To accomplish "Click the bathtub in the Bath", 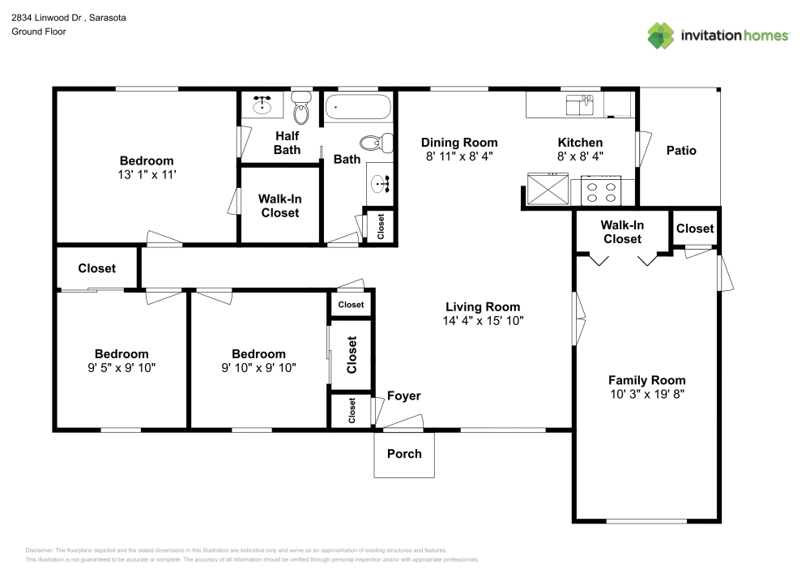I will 357,108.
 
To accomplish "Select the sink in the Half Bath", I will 262,105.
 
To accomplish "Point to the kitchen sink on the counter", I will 579,105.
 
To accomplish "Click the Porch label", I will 404,454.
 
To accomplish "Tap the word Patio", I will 681,150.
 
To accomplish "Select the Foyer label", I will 403,396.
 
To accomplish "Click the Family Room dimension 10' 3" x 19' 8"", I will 646,395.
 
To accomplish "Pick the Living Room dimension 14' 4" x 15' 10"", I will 483,320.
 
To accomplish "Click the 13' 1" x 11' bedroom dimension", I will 147,174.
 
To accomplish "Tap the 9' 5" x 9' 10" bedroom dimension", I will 122,367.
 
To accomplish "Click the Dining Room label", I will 458,142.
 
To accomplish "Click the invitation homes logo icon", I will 660,36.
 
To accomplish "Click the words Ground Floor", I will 38,32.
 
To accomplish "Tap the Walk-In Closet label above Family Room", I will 622,232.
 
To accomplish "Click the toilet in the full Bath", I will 373,143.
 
